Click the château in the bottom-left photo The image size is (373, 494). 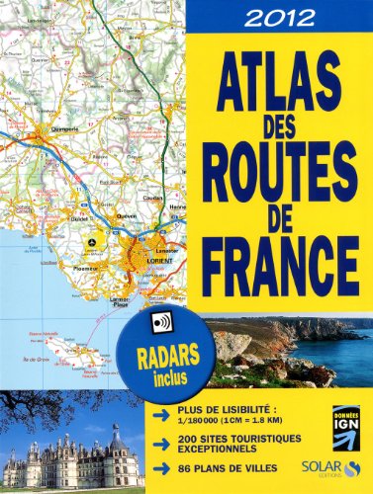[74, 457]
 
